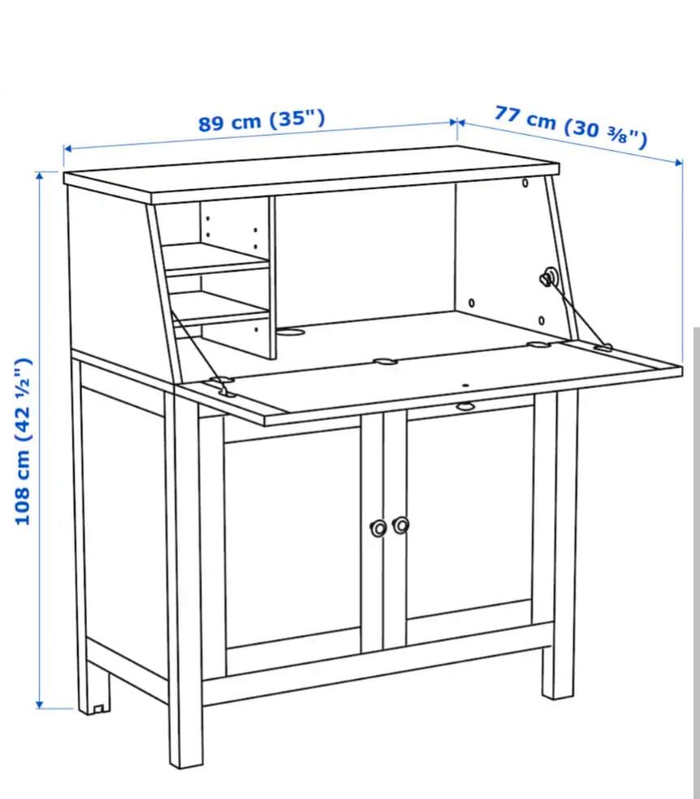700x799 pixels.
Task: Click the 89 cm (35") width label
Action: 261,121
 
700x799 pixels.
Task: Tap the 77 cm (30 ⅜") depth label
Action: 570,126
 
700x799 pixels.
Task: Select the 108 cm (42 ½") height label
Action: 24,440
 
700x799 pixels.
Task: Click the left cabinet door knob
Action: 377,528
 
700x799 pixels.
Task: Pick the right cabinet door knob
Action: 400,526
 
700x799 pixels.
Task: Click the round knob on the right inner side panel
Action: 548,278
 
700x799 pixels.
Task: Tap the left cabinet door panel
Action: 293,535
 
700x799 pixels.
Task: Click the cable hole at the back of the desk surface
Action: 290,332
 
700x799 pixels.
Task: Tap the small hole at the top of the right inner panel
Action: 525,183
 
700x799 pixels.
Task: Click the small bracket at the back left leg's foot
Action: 99,708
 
